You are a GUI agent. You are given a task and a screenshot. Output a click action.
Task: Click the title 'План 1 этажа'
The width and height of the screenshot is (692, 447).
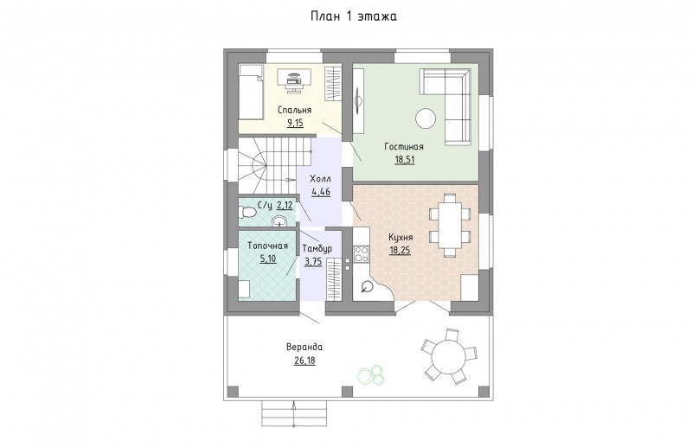tap(354, 16)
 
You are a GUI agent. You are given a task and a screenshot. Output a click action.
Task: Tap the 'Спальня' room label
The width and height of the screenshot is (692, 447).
tap(295, 110)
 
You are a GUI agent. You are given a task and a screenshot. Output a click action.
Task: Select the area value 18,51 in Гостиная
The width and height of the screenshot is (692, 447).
tap(404, 160)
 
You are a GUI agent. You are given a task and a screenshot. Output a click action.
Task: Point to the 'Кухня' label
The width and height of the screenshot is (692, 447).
tap(400, 238)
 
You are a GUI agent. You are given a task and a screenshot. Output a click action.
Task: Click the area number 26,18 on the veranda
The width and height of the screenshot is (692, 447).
tap(305, 361)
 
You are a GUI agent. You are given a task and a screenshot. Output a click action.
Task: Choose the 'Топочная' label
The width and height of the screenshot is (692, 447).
tap(268, 246)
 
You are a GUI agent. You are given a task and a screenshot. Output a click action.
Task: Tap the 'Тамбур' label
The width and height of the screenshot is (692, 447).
tap(317, 249)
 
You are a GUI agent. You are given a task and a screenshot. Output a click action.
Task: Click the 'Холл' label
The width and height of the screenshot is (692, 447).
tap(320, 179)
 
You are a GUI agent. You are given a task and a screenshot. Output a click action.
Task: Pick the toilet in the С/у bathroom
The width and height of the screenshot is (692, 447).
tap(247, 213)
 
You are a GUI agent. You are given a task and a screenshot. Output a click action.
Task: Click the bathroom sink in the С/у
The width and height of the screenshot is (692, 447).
tap(279, 220)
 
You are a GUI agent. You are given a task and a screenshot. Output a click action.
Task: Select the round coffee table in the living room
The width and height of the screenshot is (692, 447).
tap(426, 118)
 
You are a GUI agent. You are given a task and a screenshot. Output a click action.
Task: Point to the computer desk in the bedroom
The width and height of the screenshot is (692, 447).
tap(294, 79)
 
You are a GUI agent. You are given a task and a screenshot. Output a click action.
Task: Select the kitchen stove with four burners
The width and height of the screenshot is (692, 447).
tap(362, 253)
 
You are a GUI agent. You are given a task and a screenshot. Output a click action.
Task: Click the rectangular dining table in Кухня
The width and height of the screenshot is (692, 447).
tap(449, 225)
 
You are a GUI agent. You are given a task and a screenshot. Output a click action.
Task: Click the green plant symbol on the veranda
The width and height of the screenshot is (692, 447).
tap(371, 374)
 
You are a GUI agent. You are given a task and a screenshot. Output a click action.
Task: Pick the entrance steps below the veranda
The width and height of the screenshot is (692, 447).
tap(294, 413)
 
